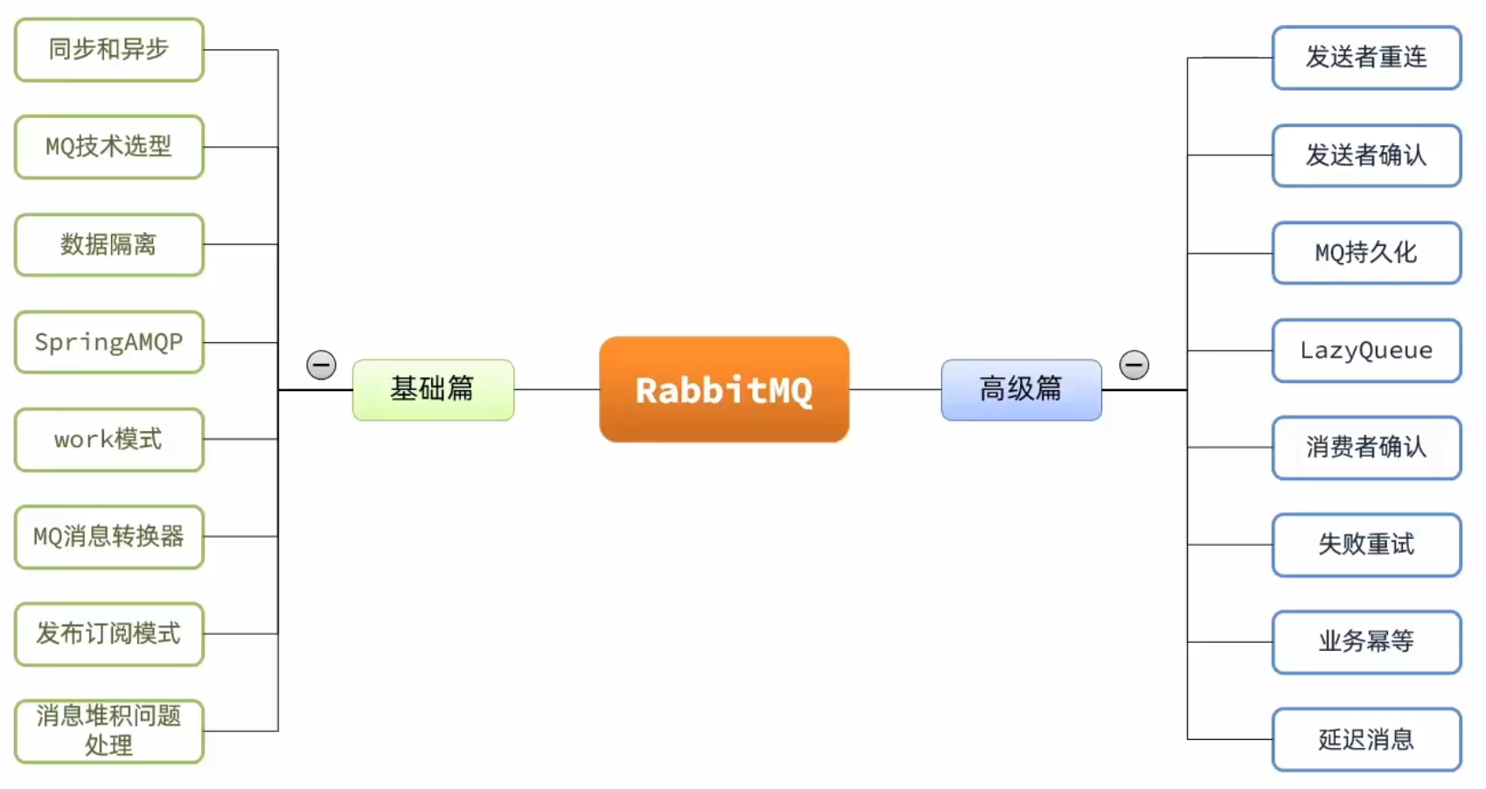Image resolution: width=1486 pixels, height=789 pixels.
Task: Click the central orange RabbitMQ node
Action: (x=724, y=389)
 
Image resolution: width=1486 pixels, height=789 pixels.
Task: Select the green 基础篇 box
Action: (x=433, y=389)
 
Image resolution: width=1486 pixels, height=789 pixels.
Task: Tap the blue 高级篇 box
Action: (x=1021, y=389)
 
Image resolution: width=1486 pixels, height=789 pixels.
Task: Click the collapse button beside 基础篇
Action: (x=321, y=365)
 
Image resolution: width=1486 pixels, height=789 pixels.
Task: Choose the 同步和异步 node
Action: (x=109, y=50)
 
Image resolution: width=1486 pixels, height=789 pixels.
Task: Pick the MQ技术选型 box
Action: (x=109, y=147)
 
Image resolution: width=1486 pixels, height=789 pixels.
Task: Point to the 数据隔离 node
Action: (x=109, y=245)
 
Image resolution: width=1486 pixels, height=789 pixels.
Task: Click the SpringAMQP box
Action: (x=109, y=342)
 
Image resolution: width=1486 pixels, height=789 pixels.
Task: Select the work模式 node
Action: (x=109, y=439)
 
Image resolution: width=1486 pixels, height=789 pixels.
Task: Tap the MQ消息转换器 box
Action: (x=109, y=536)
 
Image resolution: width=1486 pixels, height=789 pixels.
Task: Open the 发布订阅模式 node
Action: (x=109, y=633)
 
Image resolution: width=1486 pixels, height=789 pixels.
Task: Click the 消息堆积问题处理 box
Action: (x=109, y=730)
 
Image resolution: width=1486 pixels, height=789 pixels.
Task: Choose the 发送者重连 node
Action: (x=1366, y=58)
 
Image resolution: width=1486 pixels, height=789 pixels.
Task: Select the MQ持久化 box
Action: (x=1366, y=253)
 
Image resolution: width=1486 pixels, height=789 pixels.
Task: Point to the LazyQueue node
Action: (x=1366, y=351)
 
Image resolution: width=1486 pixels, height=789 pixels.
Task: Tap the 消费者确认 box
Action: (x=1366, y=448)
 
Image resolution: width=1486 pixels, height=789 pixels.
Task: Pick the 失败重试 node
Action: (x=1366, y=545)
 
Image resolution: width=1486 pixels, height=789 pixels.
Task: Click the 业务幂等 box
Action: (x=1366, y=642)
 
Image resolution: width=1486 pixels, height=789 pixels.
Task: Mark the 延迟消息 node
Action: (x=1366, y=740)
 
